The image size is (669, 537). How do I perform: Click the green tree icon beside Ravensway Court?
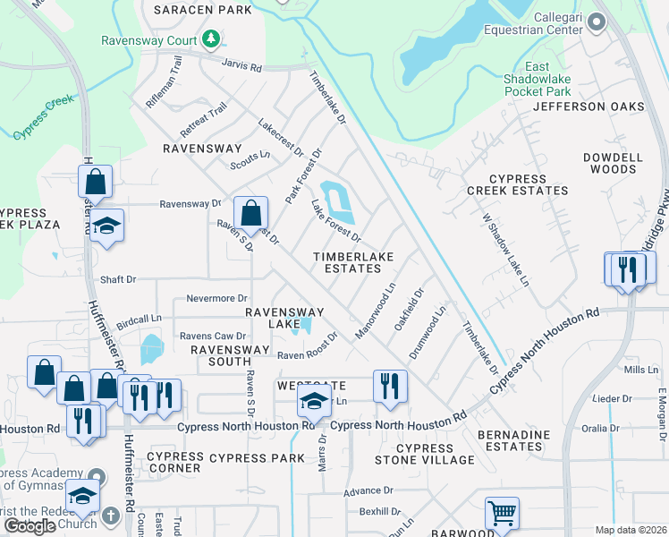point(211,38)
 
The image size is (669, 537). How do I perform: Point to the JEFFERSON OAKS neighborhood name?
point(588,107)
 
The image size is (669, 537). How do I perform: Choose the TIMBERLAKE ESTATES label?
point(353,262)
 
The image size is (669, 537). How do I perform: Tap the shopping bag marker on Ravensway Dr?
point(251,214)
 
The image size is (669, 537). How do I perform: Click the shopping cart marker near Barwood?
point(502,514)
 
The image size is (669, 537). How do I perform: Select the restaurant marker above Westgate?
point(389,386)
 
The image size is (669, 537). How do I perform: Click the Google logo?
point(30,526)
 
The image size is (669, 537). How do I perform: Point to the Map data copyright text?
point(631,530)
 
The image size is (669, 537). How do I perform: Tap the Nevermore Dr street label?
point(216,298)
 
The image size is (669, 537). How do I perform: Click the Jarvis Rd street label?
point(242,66)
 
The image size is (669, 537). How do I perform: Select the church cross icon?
point(110,516)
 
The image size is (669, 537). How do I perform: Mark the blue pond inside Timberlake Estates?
point(338,202)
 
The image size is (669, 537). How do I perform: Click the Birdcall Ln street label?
point(138,318)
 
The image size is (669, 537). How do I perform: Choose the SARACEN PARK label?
point(202,10)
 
